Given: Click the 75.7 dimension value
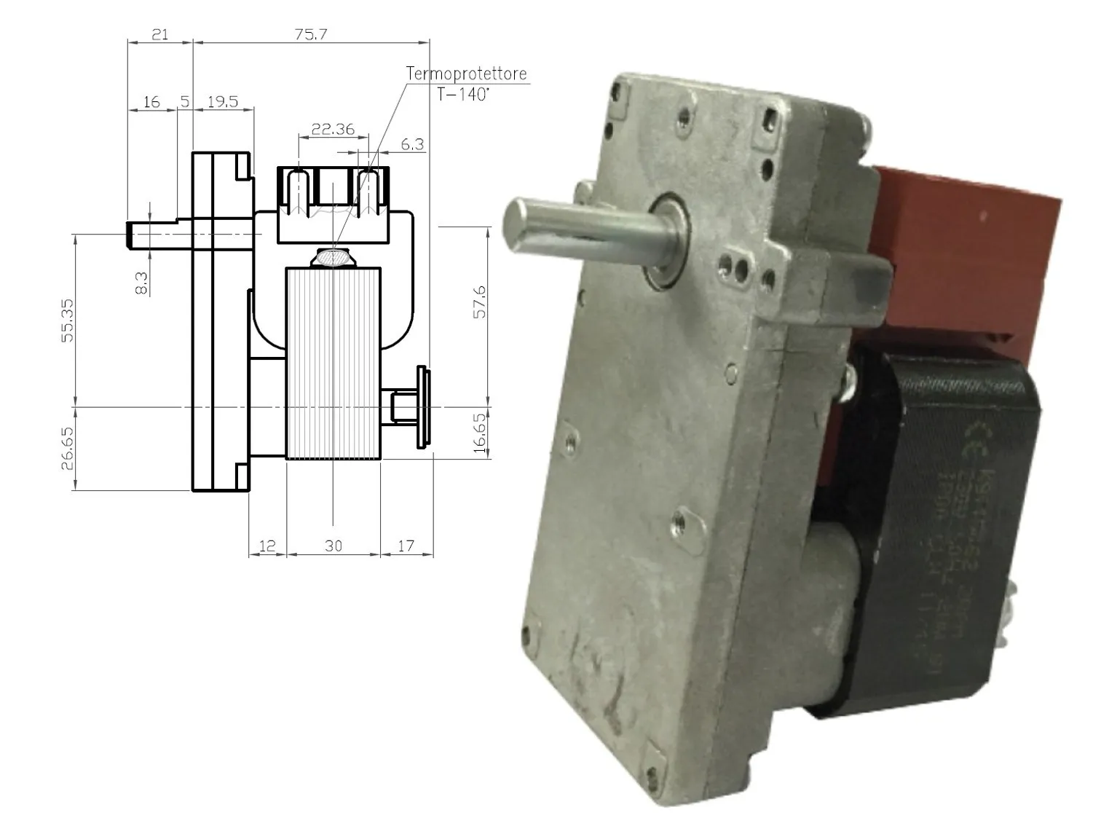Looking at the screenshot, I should click(311, 34).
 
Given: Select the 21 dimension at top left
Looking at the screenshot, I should click(159, 34).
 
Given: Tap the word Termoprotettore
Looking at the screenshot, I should click(466, 74).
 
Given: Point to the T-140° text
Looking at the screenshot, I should click(463, 95).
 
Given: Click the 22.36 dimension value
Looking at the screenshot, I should click(332, 129).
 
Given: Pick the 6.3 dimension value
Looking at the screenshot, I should click(412, 143).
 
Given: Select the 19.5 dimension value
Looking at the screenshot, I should click(222, 101).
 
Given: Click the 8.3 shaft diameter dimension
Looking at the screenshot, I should click(142, 283).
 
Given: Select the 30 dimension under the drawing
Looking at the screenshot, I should click(333, 545).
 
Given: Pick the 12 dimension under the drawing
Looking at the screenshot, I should click(267, 545).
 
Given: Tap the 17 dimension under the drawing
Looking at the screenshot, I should click(406, 545).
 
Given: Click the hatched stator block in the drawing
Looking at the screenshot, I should click(333, 364).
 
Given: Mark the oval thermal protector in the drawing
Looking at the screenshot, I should click(333, 257).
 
